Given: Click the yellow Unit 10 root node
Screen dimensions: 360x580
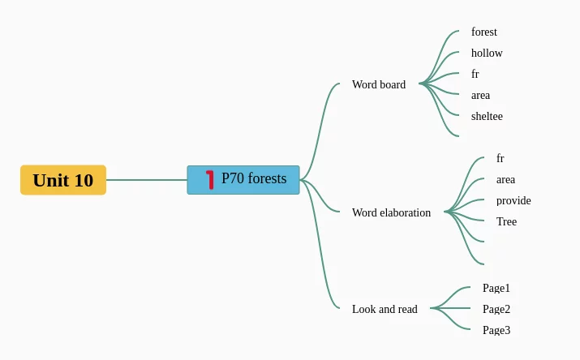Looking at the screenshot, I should [63, 180].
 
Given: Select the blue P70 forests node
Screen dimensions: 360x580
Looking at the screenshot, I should [243, 180].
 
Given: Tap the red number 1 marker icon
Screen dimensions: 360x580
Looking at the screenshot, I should [210, 179].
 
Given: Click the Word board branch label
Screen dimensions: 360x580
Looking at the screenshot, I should [379, 84].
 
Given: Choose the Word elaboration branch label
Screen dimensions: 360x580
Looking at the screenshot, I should [391, 212].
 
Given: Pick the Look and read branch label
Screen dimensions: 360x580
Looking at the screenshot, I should [385, 309].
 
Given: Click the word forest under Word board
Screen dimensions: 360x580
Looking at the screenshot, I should [484, 32].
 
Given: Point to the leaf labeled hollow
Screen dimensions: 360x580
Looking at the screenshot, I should [487, 54].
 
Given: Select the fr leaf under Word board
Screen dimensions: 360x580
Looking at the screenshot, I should [475, 75].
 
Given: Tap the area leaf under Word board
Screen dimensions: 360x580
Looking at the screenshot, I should [480, 96].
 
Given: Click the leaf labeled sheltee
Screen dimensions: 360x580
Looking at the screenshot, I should [487, 117].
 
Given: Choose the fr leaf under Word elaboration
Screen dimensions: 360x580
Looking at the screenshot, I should [501, 159].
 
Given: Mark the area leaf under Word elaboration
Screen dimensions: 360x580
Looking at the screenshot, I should [505, 180].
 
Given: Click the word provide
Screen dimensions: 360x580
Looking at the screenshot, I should [513, 201].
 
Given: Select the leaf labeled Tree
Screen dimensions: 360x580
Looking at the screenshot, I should [506, 222].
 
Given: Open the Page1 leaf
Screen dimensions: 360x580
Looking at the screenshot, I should [496, 288].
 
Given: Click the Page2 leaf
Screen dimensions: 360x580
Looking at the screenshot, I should [496, 309].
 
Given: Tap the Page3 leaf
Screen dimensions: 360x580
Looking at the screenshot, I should [496, 330].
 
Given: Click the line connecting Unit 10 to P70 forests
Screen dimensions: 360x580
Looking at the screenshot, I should [146, 180].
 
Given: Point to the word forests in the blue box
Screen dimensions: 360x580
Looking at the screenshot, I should [267, 178].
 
